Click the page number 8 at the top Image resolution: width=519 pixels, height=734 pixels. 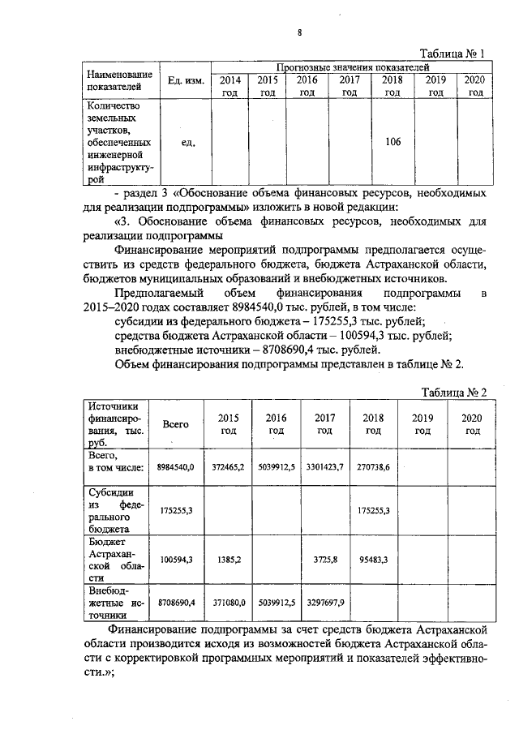(x=299, y=32)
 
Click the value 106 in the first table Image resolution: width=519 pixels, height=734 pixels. (x=392, y=142)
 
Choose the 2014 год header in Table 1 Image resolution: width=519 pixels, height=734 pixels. (x=229, y=86)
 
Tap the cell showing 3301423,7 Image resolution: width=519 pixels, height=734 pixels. (x=324, y=468)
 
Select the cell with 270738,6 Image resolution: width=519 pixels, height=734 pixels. (x=373, y=468)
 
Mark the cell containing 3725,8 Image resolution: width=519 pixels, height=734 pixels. (x=324, y=560)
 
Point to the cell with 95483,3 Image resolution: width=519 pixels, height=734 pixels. (x=373, y=560)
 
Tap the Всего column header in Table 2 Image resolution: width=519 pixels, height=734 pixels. (x=176, y=423)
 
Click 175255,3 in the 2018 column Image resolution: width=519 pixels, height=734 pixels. (x=373, y=510)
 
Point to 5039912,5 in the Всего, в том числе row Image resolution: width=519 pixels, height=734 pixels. (x=277, y=468)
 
